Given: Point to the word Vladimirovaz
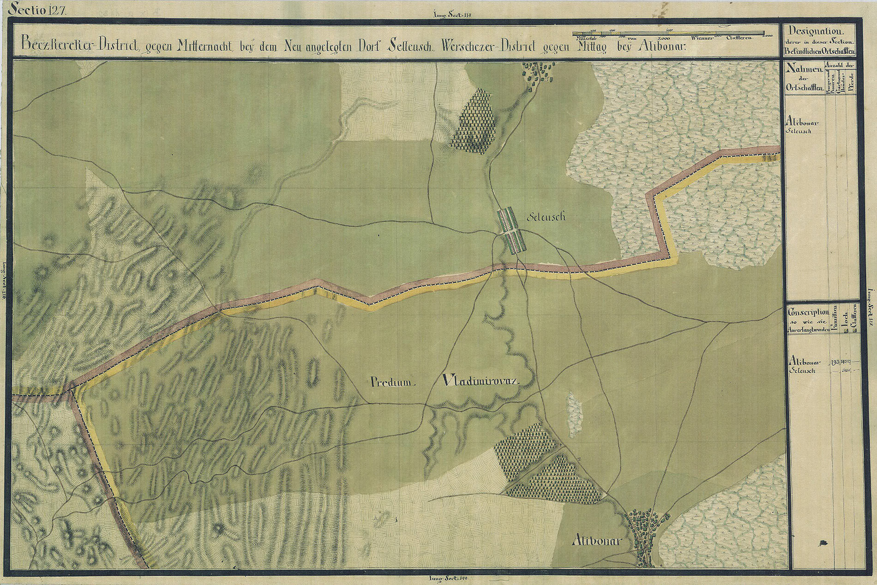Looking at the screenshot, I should point(481,381).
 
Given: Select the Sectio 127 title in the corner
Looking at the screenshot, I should point(41,10).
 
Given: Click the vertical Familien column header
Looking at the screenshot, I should point(834,321).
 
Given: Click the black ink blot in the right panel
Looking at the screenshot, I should point(823,543).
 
